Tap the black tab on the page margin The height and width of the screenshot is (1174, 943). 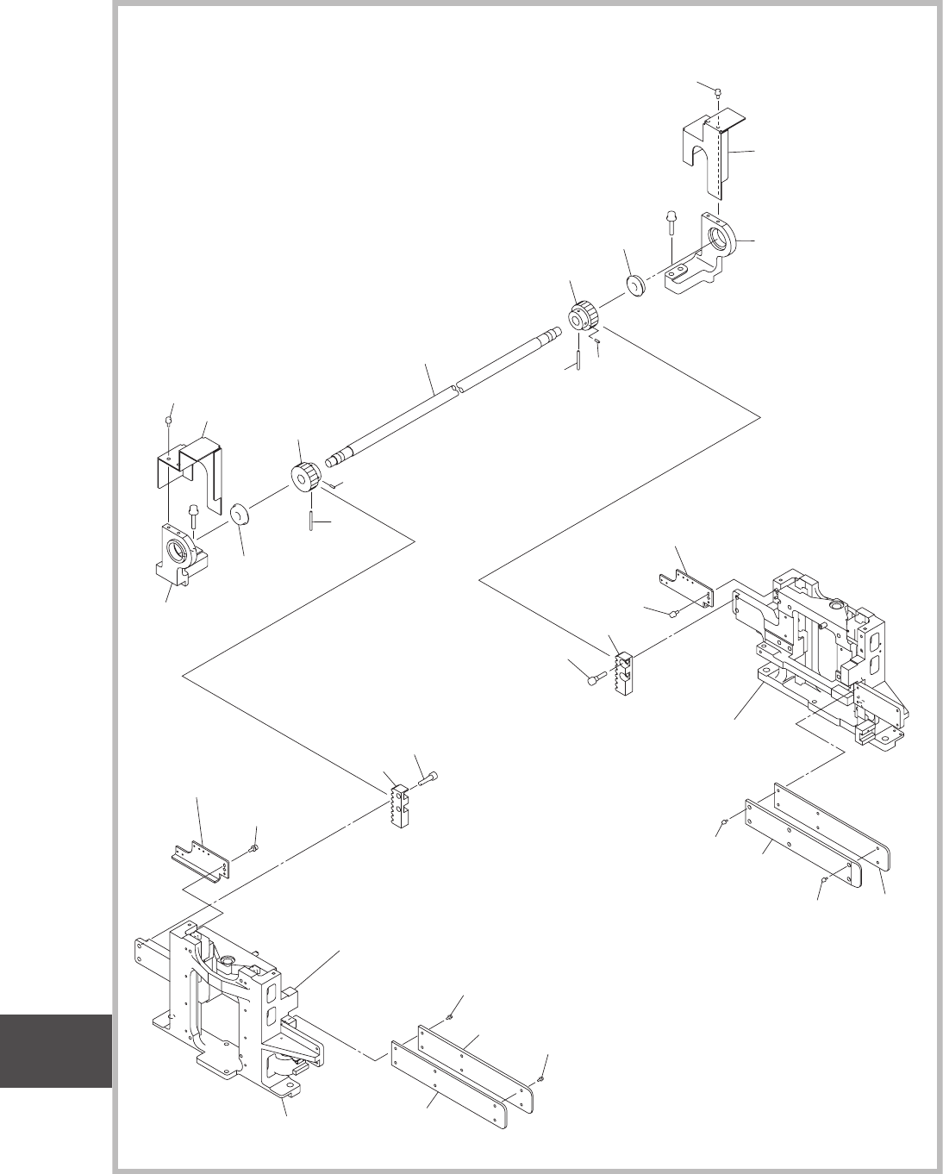pyautogui.click(x=56, y=1052)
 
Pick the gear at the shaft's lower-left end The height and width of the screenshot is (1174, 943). pyautogui.click(x=306, y=477)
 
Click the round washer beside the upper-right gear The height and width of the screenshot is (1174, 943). pyautogui.click(x=637, y=285)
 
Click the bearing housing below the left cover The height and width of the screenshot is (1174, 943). pyautogui.click(x=179, y=556)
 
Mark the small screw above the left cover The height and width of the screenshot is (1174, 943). pyautogui.click(x=169, y=420)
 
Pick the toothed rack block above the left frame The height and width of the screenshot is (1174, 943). pyautogui.click(x=399, y=806)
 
